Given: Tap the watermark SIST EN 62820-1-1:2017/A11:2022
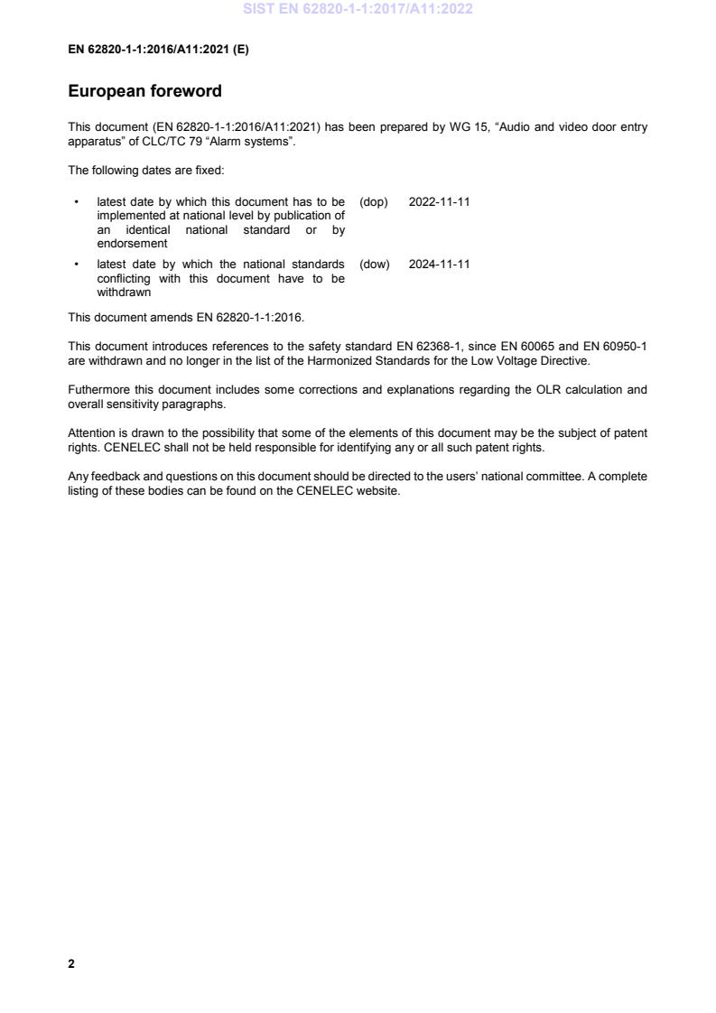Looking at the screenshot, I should (x=358, y=10).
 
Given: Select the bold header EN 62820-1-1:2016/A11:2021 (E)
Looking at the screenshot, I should (x=158, y=50).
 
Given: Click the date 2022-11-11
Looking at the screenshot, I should (x=439, y=201).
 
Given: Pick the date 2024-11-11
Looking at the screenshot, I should (x=439, y=264).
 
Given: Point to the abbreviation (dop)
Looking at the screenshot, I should (x=374, y=201).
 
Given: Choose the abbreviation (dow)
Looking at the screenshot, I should (x=375, y=264).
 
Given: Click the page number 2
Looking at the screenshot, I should (x=71, y=963).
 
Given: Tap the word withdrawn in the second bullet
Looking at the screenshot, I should (x=125, y=293).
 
